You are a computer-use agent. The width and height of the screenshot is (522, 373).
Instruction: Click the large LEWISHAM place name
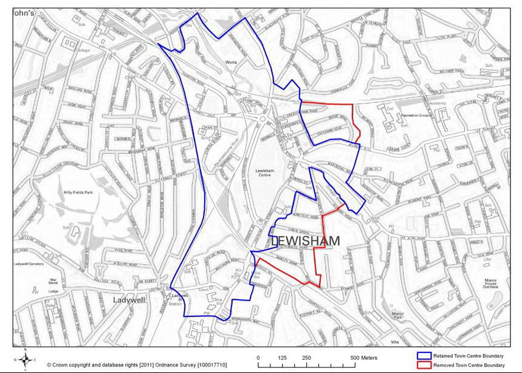(304, 241)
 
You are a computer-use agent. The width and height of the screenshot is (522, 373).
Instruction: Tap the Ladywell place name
(131, 300)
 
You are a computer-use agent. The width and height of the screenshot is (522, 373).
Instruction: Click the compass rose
(27, 359)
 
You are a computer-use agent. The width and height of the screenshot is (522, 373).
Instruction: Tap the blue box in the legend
(426, 355)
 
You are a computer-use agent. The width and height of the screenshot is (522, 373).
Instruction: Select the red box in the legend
(426, 365)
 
